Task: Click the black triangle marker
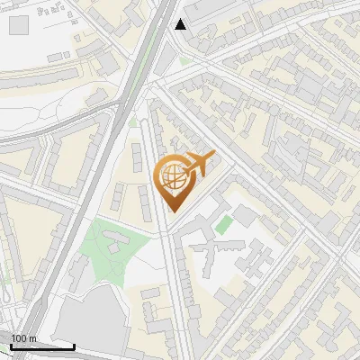click(181, 24)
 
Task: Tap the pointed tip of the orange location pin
click(171, 211)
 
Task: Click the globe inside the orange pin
click(170, 177)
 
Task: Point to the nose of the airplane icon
click(213, 155)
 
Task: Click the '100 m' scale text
click(22, 337)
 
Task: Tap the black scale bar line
click(42, 346)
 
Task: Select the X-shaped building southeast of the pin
click(216, 257)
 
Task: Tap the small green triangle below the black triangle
click(184, 61)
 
